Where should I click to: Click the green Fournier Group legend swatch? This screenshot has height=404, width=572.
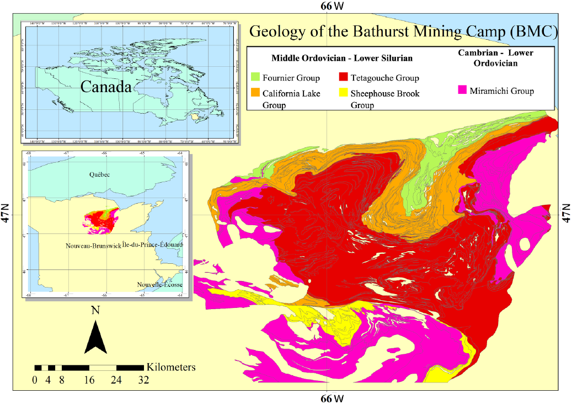click(255, 76)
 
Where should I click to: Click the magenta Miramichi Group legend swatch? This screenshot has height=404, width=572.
click(463, 90)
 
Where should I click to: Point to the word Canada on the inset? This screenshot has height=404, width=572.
click(105, 87)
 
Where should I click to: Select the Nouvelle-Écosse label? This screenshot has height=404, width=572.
click(160, 284)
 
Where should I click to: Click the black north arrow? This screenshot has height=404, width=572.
click(95, 337)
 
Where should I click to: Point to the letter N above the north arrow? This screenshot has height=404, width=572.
click(95, 310)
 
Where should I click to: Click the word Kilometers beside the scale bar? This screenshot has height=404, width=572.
click(171, 367)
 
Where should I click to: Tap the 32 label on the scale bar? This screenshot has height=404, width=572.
click(143, 380)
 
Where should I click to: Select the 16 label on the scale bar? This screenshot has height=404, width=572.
click(89, 380)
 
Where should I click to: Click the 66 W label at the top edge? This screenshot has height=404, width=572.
click(332, 6)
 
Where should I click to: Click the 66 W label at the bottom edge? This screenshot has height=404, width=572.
click(332, 398)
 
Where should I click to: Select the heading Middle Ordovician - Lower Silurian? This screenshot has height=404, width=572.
click(342, 58)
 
